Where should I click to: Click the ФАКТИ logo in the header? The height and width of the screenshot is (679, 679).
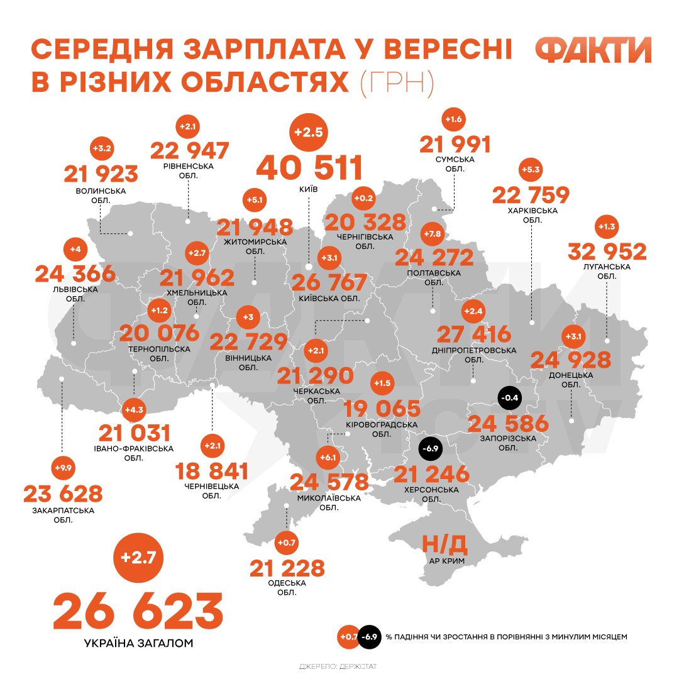point(593,50)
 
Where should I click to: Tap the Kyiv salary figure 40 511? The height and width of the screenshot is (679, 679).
point(309,168)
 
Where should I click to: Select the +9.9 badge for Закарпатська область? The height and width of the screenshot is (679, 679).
point(63,468)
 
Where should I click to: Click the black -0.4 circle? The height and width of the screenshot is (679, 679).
point(509,397)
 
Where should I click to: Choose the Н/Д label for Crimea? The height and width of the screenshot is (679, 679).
point(444,543)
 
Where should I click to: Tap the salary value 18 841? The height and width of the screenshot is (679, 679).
point(211,471)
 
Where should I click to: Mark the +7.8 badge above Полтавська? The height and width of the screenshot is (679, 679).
point(433,235)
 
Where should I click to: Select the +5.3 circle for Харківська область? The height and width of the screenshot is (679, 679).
point(531,170)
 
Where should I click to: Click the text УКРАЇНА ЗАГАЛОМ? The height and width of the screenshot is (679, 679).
point(138,643)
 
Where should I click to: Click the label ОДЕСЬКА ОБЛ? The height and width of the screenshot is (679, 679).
point(287,587)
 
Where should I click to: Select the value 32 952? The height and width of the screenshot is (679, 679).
point(607,251)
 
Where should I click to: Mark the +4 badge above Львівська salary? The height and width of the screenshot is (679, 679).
point(75,250)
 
